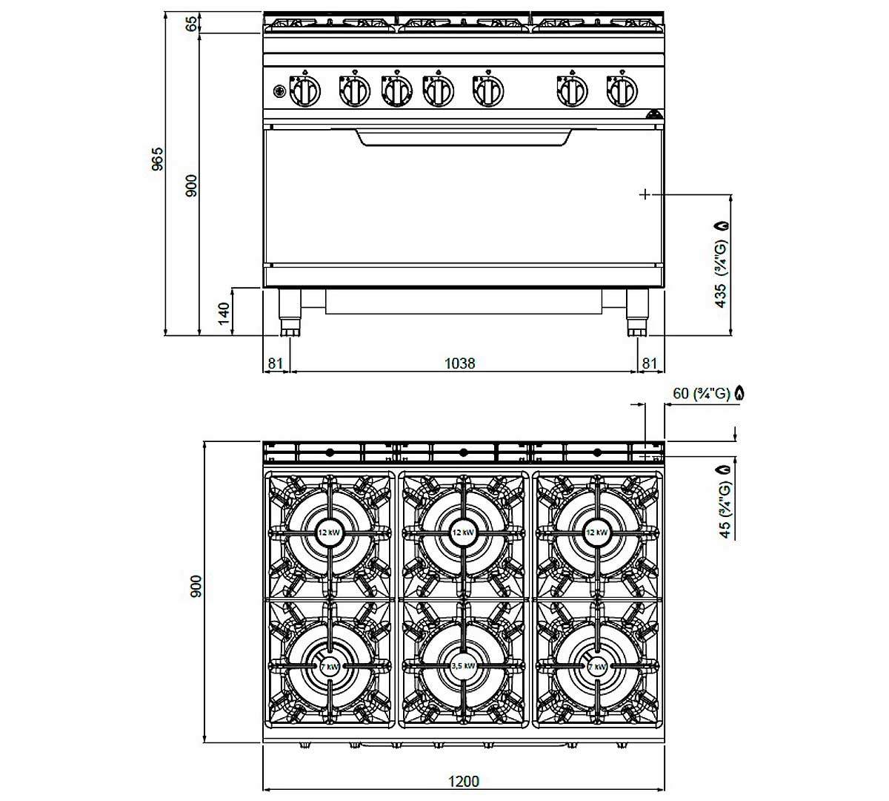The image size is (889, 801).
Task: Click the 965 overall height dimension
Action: (157, 159)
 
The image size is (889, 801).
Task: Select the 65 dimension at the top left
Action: (191, 24)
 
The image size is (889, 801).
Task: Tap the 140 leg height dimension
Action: (224, 313)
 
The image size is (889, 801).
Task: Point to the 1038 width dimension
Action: (459, 363)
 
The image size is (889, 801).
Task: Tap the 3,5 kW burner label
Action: (463, 666)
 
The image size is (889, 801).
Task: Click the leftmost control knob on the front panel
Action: (305, 91)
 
